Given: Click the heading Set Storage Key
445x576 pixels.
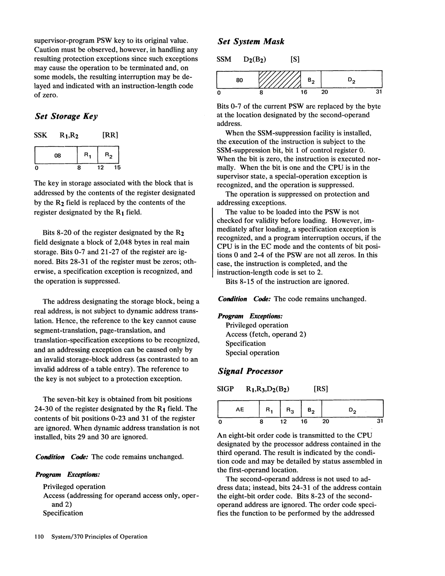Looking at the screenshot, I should (66, 116).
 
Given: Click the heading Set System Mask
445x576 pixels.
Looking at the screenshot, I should (251, 42).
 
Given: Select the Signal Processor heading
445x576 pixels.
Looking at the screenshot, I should (250, 371).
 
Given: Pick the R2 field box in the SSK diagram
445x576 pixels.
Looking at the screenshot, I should (108, 156).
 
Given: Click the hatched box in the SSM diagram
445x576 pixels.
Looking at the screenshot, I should (280, 80).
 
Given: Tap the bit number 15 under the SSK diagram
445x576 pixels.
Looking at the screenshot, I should (117, 168).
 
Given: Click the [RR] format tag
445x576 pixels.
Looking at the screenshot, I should (110, 135).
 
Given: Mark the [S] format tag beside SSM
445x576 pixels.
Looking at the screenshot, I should (295, 60).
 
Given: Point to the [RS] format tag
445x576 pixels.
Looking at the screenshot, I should (321, 389).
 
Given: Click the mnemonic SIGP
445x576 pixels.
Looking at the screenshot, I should (225, 389).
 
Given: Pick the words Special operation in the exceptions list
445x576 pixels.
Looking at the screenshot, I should (252, 353).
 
